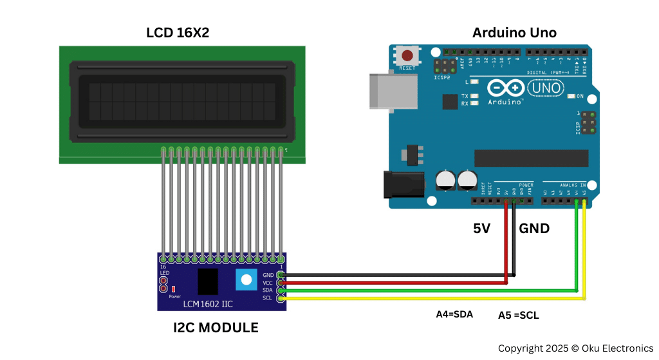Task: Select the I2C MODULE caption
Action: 216,327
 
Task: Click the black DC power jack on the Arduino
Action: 400,184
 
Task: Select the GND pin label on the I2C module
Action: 268,275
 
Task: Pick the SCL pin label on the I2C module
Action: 268,298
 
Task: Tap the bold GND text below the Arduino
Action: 534,228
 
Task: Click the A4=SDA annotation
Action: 454,314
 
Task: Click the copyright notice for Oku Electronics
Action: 575,348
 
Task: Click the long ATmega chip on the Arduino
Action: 531,158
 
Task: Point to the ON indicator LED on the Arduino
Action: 571,97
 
